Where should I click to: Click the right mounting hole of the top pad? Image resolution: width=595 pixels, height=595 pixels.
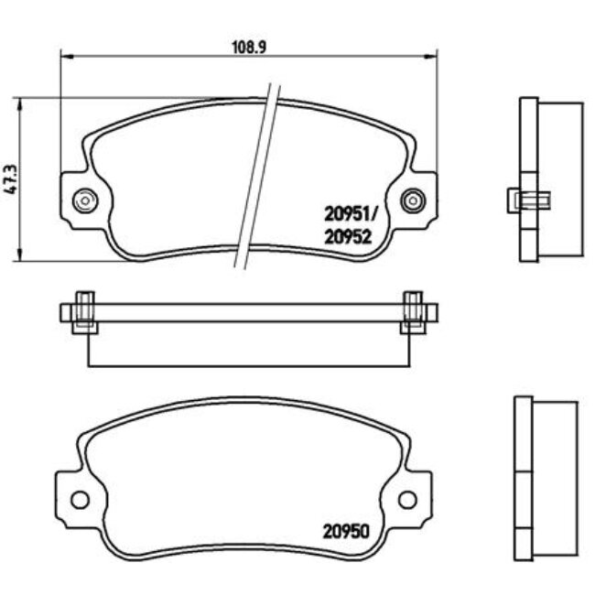[413, 199]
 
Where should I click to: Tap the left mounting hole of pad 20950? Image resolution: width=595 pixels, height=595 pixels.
[79, 499]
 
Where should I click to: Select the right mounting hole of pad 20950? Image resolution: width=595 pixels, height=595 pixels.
[407, 499]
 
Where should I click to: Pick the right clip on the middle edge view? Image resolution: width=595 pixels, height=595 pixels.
[413, 311]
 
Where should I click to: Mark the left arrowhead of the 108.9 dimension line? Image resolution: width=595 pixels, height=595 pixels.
[65, 55]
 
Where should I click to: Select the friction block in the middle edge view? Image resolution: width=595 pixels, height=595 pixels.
[247, 344]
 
